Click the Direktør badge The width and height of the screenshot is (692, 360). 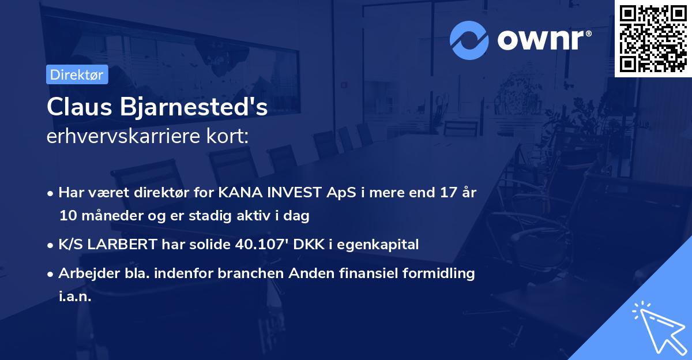77,74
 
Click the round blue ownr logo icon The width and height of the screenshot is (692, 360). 470,39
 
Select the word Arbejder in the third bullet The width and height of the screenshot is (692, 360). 85,273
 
